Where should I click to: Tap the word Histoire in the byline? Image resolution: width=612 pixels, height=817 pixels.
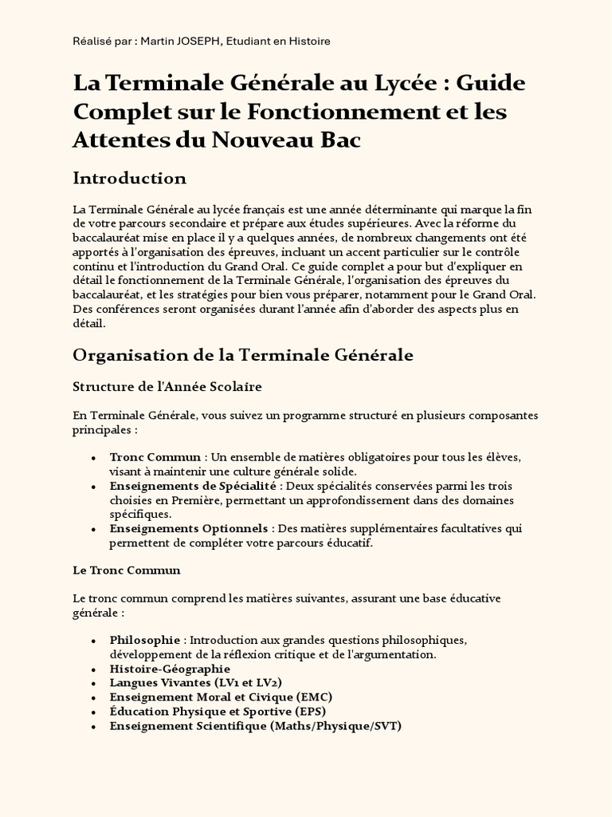click(x=308, y=41)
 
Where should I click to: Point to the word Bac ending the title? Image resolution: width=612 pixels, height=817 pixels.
click(x=340, y=140)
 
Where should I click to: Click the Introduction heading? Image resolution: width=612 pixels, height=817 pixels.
click(x=129, y=177)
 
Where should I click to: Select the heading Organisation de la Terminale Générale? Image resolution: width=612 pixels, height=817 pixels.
click(x=243, y=355)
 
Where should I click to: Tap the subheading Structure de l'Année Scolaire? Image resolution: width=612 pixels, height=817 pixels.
click(x=167, y=387)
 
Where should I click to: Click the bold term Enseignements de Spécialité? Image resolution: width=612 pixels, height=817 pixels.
click(x=193, y=486)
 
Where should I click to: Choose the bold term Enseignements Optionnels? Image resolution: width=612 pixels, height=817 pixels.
click(x=190, y=529)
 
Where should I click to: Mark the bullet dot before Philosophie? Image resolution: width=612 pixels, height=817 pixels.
click(x=93, y=641)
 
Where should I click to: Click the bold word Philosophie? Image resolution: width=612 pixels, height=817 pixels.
click(x=145, y=640)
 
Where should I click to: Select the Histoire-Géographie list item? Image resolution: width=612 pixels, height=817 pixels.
click(x=170, y=669)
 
